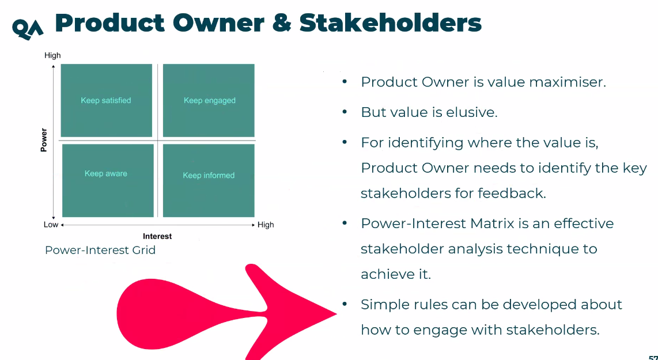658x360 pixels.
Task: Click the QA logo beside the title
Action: [x=28, y=29]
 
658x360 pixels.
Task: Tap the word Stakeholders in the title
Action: [x=390, y=22]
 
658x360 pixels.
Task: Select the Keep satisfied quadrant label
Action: [x=106, y=100]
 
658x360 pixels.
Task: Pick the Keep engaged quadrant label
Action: [x=209, y=100]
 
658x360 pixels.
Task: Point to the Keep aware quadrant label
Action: [x=106, y=173]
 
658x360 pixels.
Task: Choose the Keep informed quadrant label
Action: [x=209, y=175]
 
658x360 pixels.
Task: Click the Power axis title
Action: [x=44, y=140]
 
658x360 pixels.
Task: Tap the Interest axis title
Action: [x=157, y=236]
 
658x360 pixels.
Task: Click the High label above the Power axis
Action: [x=52, y=55]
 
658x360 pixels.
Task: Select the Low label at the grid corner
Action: [x=51, y=225]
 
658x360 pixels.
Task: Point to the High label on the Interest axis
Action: [x=266, y=225]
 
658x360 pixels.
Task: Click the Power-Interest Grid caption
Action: [x=100, y=250]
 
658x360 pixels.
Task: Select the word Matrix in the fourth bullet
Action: [x=492, y=223]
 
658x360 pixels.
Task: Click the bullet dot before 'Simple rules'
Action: [x=345, y=304]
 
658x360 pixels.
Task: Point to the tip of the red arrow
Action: [x=336, y=313]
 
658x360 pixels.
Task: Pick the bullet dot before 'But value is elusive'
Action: [x=345, y=112]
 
